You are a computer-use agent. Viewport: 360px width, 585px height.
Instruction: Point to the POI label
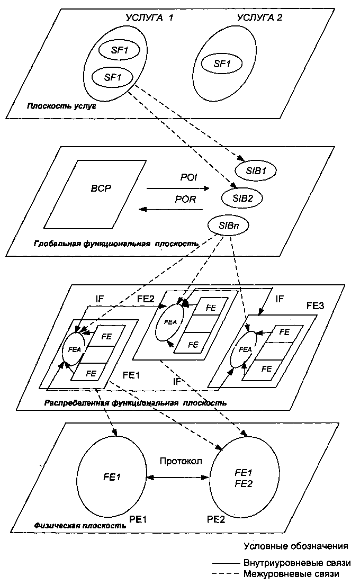[189, 178]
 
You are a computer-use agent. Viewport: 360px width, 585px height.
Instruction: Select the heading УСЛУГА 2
[259, 17]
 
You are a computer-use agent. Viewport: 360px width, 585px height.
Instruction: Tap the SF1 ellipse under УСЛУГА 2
[221, 63]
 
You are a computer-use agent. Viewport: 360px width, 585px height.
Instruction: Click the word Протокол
[180, 461]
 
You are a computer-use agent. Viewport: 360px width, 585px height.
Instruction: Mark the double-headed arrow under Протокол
[177, 476]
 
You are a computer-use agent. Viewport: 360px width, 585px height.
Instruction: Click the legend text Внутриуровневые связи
[297, 562]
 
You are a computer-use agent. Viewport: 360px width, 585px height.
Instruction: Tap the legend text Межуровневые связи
[291, 573]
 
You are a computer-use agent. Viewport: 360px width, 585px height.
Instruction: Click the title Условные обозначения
[296, 545]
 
